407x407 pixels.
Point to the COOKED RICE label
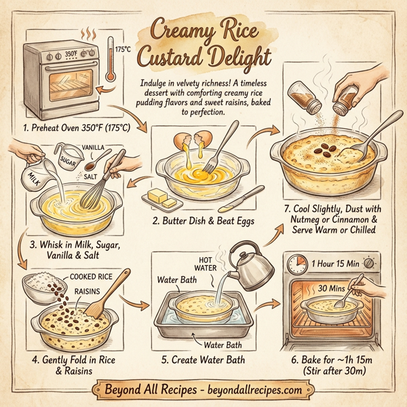[93, 277]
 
